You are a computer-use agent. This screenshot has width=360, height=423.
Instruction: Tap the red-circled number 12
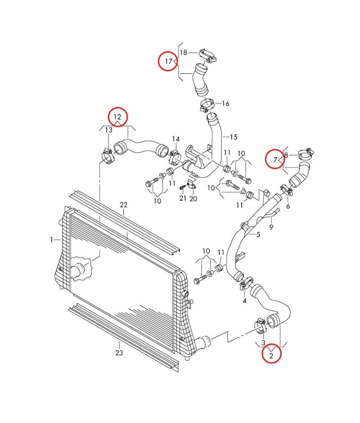pos(117,117)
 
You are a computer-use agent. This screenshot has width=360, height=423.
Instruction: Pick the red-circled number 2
pos(271,355)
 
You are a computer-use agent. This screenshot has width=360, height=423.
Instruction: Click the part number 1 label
pos(52,240)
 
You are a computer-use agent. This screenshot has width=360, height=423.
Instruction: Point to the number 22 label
pos(124,205)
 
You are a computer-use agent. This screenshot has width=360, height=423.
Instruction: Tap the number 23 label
pos(119,353)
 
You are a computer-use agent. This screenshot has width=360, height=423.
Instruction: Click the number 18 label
pos(183,53)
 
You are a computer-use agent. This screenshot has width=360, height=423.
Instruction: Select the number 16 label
pos(225,103)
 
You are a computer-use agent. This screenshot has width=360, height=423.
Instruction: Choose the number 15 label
pos(233,137)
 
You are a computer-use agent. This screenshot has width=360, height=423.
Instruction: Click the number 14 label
pos(175,139)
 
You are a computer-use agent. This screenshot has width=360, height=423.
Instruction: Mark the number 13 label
pos(108,130)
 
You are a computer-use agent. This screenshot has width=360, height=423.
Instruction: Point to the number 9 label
pos(271,227)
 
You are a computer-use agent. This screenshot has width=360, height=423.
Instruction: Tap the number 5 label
pos(258,234)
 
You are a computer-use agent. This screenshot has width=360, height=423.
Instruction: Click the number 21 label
pos(183,198)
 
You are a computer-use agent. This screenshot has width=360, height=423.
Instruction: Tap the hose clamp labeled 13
pos(108,155)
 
